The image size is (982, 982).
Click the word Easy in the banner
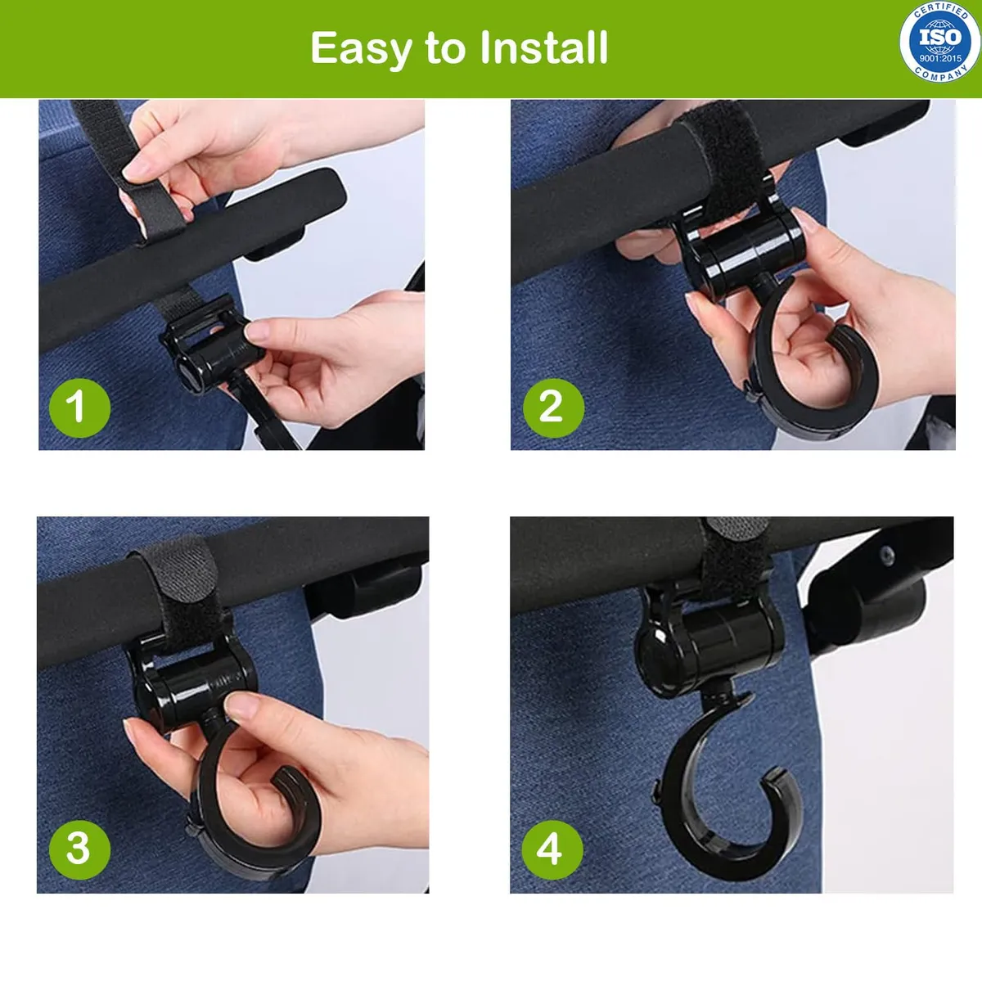click(361, 48)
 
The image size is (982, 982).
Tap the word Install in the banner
click(543, 47)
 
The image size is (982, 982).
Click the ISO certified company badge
click(940, 41)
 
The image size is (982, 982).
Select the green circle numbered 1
click(79, 408)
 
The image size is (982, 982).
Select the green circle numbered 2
click(553, 408)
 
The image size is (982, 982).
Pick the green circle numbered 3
click(79, 849)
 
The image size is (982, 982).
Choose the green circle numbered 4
click(552, 849)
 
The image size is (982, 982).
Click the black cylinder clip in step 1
click(211, 346)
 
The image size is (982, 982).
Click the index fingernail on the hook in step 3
click(241, 705)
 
